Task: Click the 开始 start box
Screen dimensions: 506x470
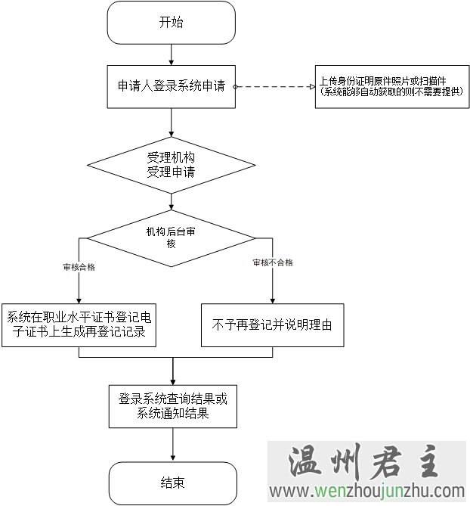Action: click(x=172, y=23)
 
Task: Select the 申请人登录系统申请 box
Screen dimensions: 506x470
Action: click(x=172, y=86)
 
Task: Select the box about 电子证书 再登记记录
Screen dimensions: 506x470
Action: click(x=79, y=324)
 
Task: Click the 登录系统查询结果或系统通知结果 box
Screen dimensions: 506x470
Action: click(x=172, y=406)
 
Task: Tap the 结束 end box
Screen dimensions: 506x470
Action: click(x=172, y=482)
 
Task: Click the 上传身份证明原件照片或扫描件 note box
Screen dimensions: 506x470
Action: click(x=391, y=86)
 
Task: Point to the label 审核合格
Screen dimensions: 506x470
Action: click(x=79, y=267)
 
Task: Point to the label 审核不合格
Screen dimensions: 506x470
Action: click(x=273, y=262)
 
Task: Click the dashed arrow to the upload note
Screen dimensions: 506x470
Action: click(x=276, y=86)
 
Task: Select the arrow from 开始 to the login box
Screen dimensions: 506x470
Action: click(x=172, y=54)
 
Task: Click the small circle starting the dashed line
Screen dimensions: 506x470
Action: click(x=235, y=86)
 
